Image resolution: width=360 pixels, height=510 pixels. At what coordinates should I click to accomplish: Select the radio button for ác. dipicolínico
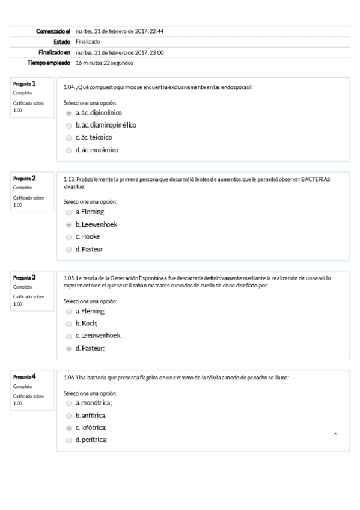point(69,112)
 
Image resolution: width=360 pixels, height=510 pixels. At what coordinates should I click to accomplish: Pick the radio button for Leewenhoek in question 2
point(69,224)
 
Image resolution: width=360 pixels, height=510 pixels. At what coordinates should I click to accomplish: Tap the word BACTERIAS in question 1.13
point(316,179)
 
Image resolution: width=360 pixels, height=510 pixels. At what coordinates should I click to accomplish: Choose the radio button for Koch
point(69,324)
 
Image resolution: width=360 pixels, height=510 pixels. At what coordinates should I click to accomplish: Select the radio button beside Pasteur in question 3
point(69,348)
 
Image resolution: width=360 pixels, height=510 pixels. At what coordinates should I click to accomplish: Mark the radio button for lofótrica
point(69,428)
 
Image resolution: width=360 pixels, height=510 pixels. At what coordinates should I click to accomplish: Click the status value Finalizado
point(88,41)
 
